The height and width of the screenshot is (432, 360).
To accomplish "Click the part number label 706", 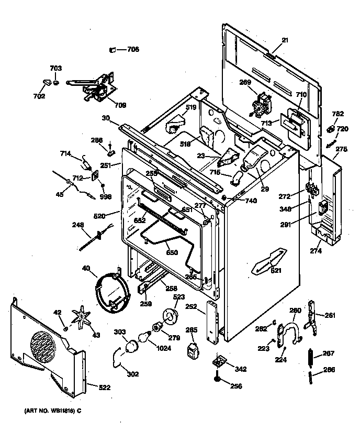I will tap(133, 50).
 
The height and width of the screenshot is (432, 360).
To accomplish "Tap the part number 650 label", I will tap(172, 252).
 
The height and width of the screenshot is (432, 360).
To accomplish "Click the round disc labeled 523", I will tap(169, 316).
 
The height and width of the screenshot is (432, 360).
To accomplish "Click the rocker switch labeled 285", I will tap(193, 349).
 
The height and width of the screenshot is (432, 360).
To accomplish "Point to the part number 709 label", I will tap(120, 105).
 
